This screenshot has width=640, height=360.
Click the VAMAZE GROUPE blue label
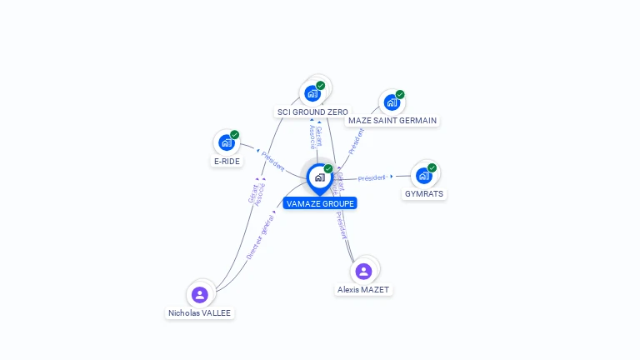coord(319,203)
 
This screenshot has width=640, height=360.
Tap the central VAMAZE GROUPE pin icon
coord(319,177)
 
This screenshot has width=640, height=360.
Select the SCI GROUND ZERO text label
coord(312,112)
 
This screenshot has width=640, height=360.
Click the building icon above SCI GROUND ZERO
coord(312,93)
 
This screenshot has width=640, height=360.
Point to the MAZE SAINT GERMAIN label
coord(392,120)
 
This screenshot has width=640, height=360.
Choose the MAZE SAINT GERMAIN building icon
coord(390,102)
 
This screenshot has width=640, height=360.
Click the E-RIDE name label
coord(227,161)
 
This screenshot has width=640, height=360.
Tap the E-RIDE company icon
coord(225,142)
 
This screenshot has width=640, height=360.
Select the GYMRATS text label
coord(424,193)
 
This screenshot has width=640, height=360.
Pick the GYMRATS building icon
coord(423,176)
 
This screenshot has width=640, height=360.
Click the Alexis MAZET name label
coord(363,290)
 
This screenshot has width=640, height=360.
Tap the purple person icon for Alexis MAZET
coord(363,271)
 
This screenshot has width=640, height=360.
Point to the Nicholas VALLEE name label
coord(200,313)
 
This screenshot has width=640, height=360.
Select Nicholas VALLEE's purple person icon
coord(199,294)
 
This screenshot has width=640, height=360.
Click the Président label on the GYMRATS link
coord(372,177)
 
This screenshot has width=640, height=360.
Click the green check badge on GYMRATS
coord(432,167)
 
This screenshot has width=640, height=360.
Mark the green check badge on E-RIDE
coord(234,134)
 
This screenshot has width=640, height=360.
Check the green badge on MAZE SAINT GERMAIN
coord(400,94)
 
